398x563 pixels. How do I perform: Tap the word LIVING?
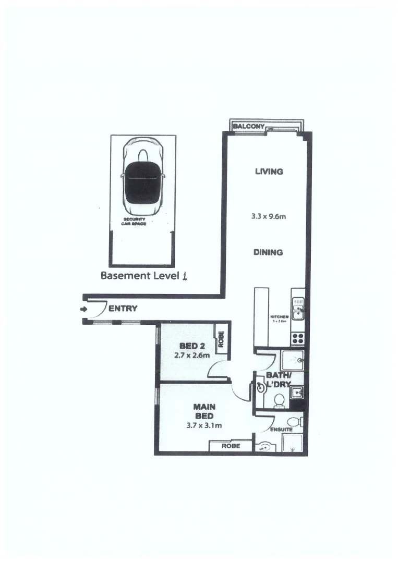coord(269,172)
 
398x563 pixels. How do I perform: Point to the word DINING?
coord(268,252)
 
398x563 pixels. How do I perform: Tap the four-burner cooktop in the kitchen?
coord(298,337)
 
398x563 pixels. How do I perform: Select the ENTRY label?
coord(123,309)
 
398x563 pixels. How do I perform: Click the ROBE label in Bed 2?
coord(221,340)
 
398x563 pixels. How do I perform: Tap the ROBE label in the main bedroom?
coord(231,446)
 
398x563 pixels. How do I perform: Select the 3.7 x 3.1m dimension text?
coord(204,425)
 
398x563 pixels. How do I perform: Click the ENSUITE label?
coord(281,430)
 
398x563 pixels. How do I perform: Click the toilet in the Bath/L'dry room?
coord(279,400)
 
